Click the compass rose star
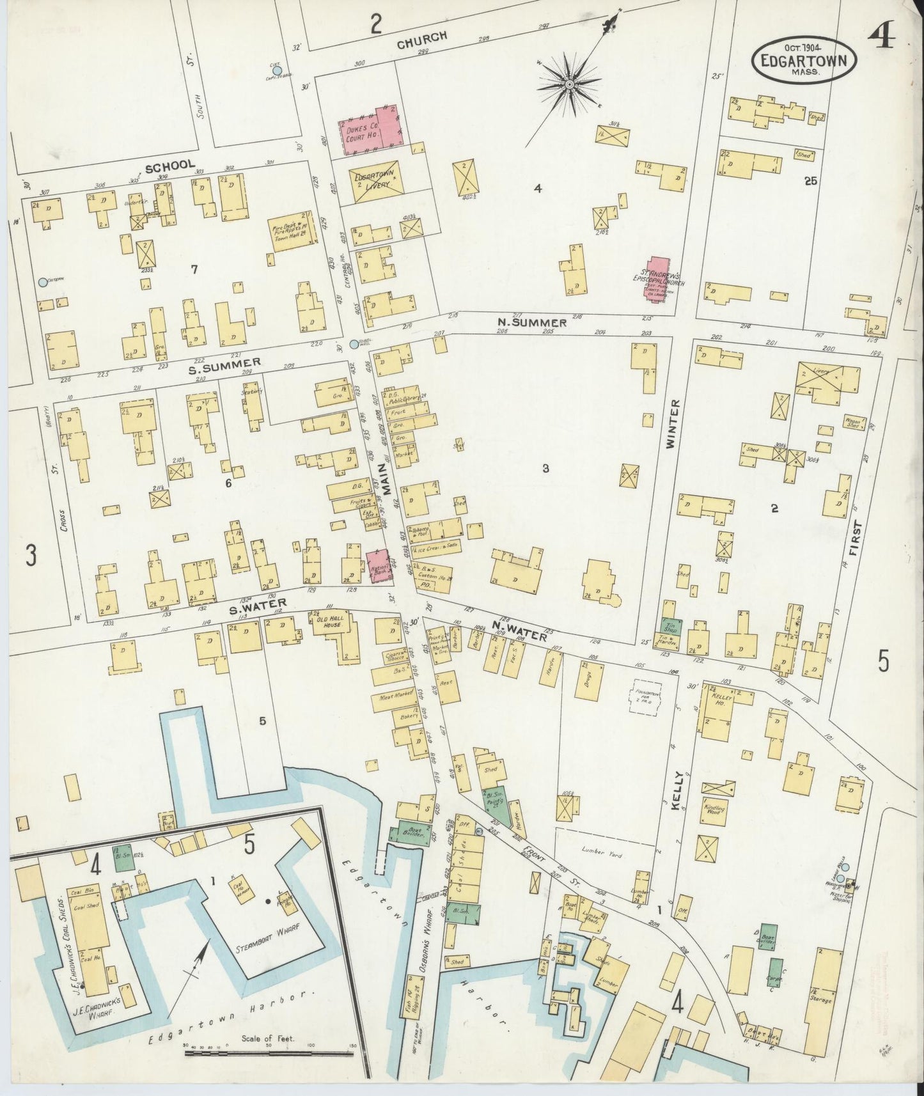[x=569, y=84]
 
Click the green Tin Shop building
[x=671, y=626]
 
